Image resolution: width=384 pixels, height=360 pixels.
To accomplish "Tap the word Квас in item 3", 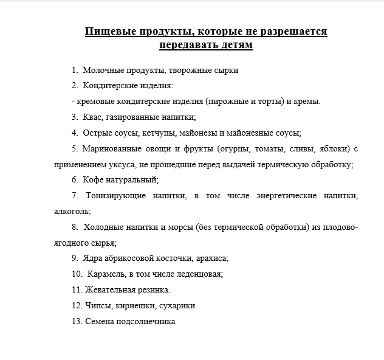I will [x=94, y=117].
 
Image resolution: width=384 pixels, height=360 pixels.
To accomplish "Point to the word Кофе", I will [x=94, y=179].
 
